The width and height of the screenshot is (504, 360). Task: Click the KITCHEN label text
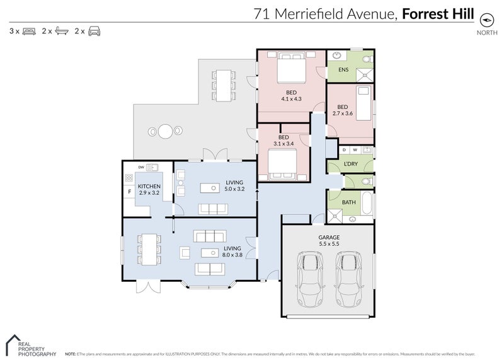(149, 186)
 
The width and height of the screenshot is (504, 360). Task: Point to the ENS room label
(343, 69)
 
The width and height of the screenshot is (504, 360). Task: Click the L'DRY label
(351, 165)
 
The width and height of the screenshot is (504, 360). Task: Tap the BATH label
(348, 202)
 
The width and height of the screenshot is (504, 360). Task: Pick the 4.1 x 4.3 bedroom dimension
(291, 99)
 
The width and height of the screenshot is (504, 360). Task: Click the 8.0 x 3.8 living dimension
(233, 255)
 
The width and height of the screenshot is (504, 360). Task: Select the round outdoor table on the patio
(165, 132)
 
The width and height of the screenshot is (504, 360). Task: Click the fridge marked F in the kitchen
(129, 191)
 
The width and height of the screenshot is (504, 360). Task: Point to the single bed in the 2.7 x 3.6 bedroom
(363, 99)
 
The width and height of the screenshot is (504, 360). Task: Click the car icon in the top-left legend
(94, 30)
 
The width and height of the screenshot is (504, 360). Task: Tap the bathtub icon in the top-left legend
(62, 30)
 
